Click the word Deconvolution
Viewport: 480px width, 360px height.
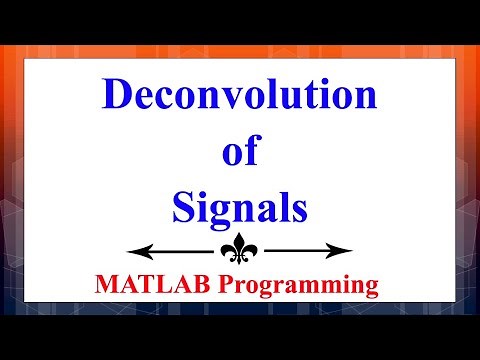point(240,97)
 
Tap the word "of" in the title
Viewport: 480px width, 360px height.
point(238,154)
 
